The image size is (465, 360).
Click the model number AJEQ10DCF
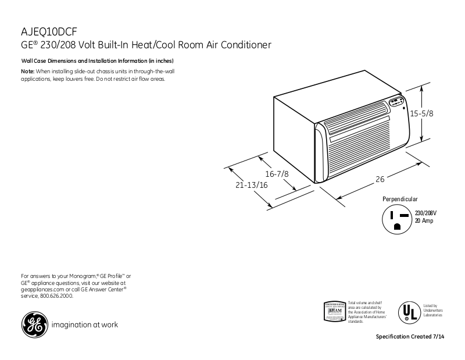pos(45,31)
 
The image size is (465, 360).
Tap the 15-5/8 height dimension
pos(421,114)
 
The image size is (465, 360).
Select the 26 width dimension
pos(380,180)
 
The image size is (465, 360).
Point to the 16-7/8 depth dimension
pos(277,174)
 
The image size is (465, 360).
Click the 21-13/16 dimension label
pos(252,186)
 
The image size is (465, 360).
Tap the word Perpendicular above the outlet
pos(400,199)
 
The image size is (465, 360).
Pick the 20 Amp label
pos(424,222)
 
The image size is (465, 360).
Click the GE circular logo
pos(34,325)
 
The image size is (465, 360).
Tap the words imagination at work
pos(85,325)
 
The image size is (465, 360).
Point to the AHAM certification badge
pos(334,311)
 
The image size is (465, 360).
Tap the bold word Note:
pos(28,71)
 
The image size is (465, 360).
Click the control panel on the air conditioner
pos(397,103)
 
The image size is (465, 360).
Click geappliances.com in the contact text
pos(42,289)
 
